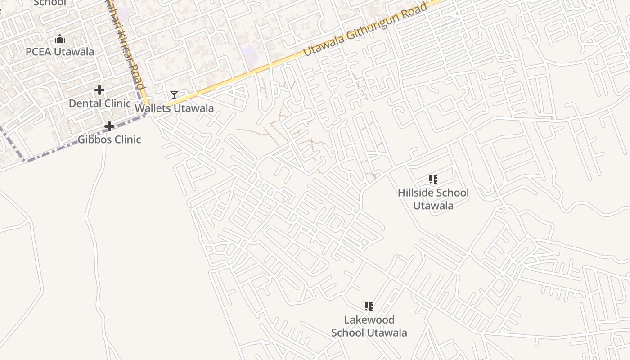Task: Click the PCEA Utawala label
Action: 60,52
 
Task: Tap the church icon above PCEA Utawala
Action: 60,39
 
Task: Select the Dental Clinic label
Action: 99,103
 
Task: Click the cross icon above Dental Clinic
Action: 99,90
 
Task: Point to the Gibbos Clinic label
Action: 109,139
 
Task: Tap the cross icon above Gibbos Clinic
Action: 109,126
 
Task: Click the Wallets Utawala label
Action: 174,108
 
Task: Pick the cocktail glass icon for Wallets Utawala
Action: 174,94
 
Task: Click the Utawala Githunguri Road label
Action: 365,30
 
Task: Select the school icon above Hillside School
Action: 433,180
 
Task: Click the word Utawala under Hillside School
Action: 433,206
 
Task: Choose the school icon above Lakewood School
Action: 369,307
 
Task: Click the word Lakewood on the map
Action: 369,320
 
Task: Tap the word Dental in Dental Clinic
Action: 83,103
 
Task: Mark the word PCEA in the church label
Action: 37,52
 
